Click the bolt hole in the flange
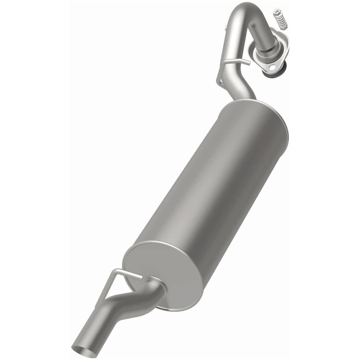pyautogui.click(x=271, y=67)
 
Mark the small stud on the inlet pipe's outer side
pyautogui.click(x=224, y=30)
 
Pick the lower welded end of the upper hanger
pyautogui.click(x=219, y=81)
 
